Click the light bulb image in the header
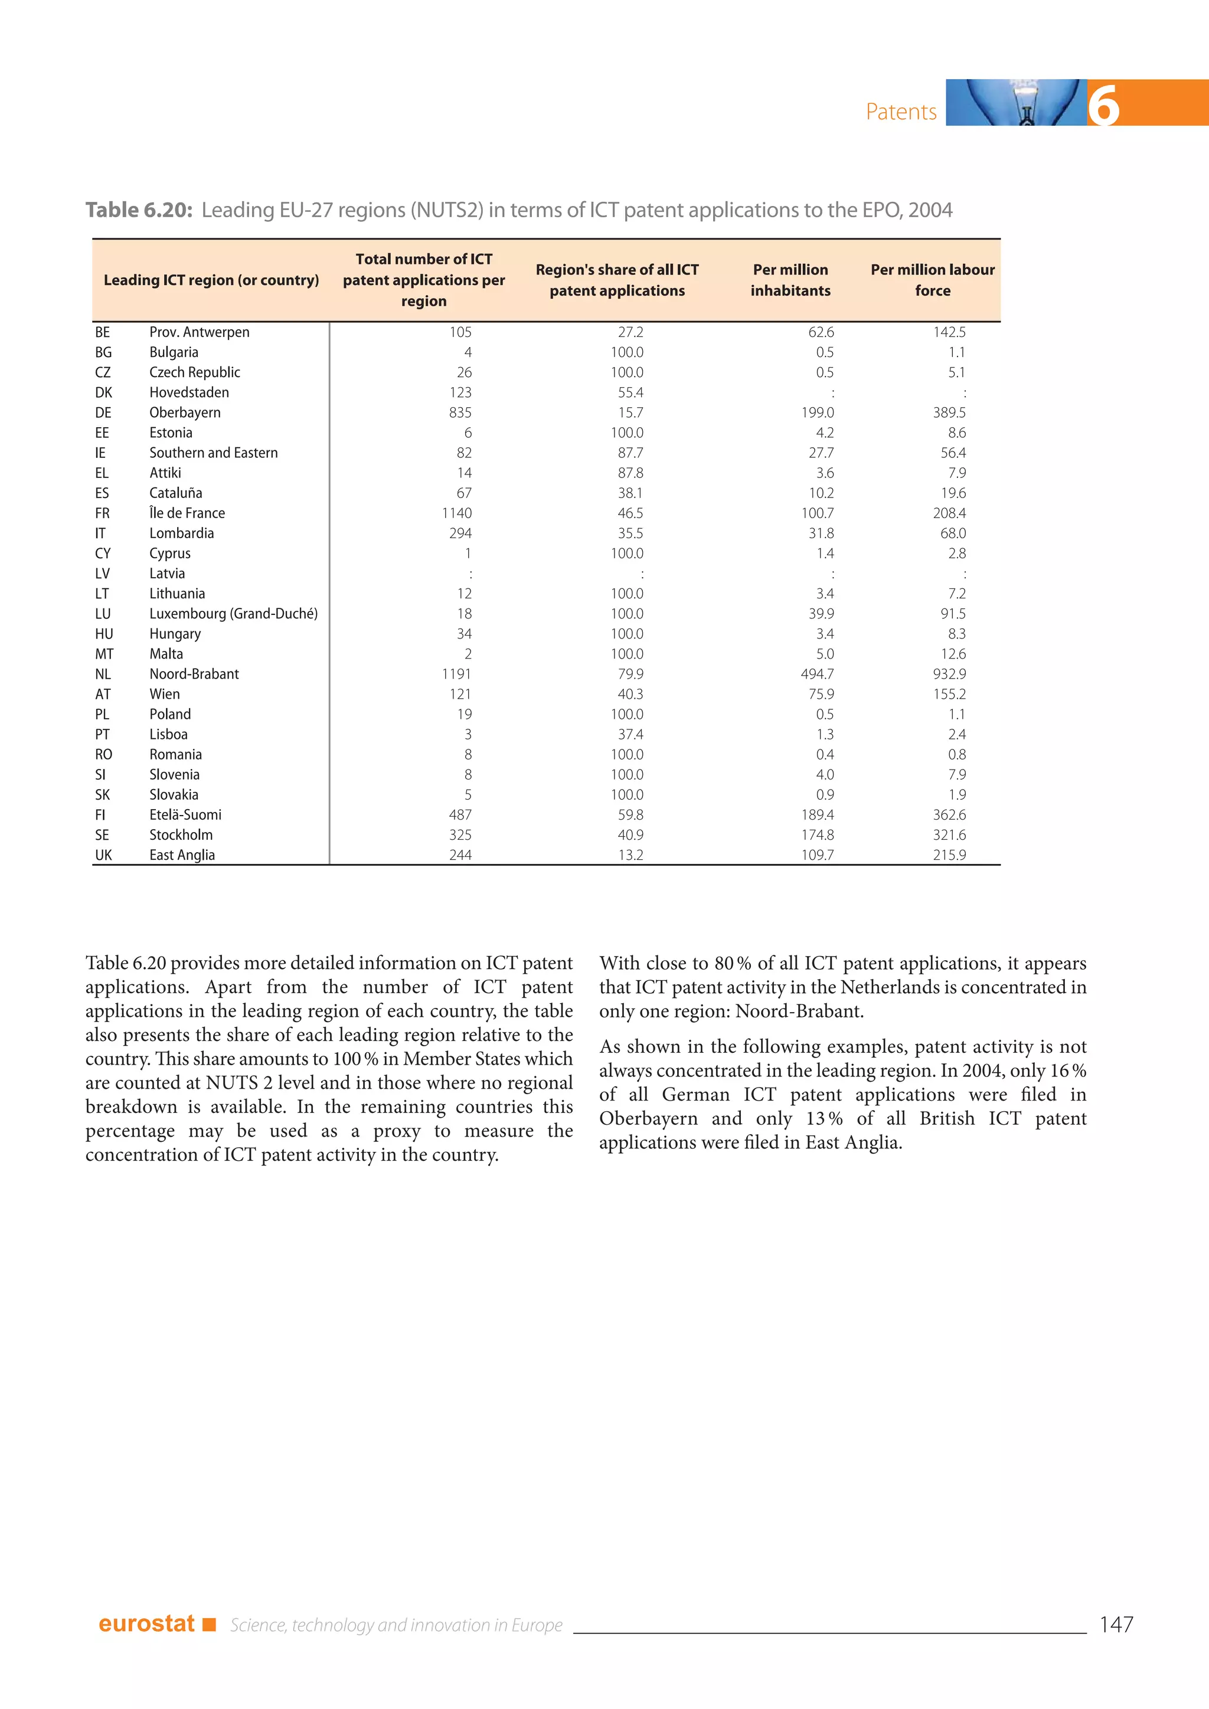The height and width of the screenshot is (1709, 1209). click(1016, 103)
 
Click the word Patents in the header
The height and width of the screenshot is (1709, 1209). click(901, 112)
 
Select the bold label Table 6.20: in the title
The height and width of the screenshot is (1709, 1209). click(139, 211)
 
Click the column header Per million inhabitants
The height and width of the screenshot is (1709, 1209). click(790, 280)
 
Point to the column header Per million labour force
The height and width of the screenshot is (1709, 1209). click(932, 280)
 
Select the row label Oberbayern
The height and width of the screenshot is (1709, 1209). click(185, 412)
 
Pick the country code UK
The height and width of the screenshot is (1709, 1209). click(103, 855)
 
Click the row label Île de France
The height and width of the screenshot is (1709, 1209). click(187, 513)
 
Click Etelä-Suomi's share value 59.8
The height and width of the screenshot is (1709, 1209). click(630, 814)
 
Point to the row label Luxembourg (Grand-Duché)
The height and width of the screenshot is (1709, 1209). click(233, 613)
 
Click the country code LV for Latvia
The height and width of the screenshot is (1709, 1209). click(103, 573)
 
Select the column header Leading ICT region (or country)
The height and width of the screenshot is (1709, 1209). click(211, 280)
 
